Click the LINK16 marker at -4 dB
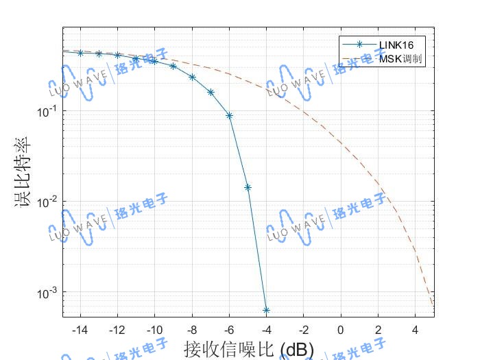266,311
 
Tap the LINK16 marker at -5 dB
248,187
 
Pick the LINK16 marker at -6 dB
229,116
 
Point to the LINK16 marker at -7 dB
211,92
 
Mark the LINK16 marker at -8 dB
192,77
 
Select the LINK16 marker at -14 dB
80,53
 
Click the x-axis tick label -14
80,330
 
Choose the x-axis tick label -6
229,330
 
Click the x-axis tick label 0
341,330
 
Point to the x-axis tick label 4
415,330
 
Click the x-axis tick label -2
303,330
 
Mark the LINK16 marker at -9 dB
173,67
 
